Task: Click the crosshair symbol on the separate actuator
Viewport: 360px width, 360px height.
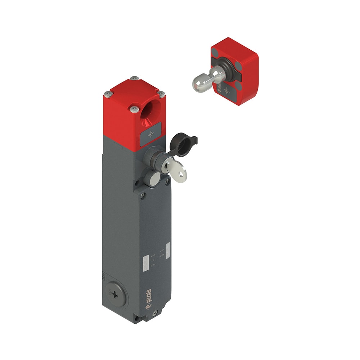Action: [x=226, y=90]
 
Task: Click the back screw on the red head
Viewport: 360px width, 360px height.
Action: [x=134, y=78]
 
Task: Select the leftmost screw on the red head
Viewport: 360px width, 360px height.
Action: [x=108, y=94]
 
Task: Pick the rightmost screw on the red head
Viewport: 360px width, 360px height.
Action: [x=162, y=94]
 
